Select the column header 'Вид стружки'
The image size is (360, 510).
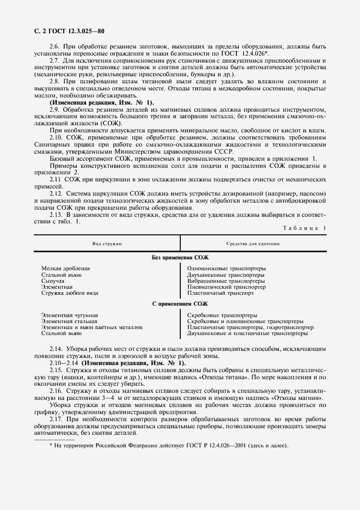pos(107,244)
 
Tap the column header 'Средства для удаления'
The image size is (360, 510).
pos(253,244)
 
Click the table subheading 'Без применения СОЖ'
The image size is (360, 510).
pos(180,257)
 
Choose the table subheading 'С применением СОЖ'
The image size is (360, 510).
pos(180,304)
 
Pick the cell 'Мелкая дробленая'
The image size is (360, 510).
pos(65,269)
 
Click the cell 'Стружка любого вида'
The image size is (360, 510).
pos(70,293)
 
